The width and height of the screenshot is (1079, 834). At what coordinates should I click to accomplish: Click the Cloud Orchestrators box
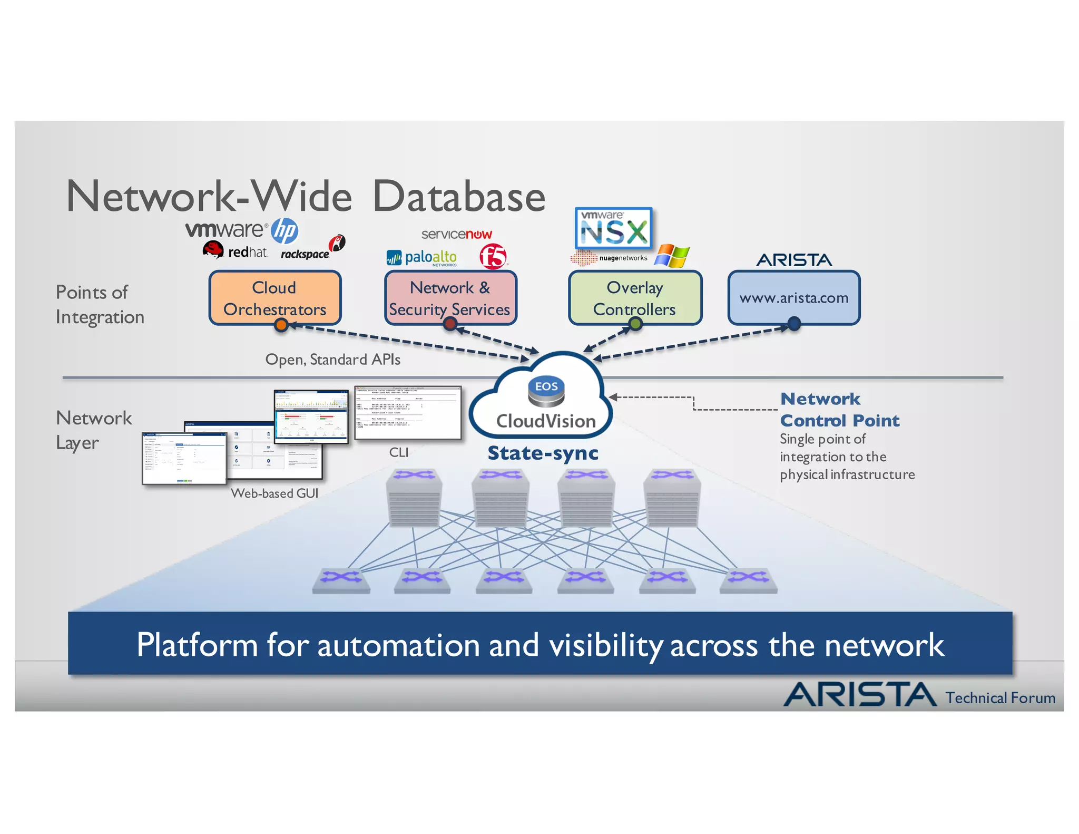(x=274, y=298)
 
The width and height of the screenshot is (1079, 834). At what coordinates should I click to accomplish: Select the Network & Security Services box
(x=450, y=298)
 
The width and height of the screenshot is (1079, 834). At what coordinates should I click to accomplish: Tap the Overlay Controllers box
(x=635, y=298)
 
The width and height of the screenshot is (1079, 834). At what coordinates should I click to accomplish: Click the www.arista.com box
(x=793, y=298)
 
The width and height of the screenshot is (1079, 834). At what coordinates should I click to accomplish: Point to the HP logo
(x=285, y=231)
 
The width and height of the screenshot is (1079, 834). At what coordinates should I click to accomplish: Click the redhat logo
(x=235, y=251)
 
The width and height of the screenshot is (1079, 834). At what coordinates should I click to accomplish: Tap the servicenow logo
(x=456, y=234)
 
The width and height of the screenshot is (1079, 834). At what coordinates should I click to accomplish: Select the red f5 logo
(x=493, y=257)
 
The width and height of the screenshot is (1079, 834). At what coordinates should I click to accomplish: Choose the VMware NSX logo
(x=613, y=228)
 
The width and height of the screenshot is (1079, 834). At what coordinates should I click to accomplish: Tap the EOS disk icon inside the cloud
(x=546, y=391)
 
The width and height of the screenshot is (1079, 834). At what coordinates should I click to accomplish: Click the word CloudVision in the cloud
(x=546, y=421)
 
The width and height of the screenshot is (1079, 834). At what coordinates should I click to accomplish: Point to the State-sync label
(x=543, y=453)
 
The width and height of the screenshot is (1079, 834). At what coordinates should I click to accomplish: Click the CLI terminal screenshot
(x=408, y=413)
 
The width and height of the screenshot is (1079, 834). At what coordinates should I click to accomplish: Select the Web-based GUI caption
(x=274, y=493)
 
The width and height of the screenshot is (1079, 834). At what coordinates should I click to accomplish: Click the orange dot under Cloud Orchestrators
(x=281, y=325)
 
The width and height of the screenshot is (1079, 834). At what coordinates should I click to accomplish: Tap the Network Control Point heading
(x=839, y=410)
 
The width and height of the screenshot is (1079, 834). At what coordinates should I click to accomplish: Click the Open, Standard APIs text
(x=332, y=360)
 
